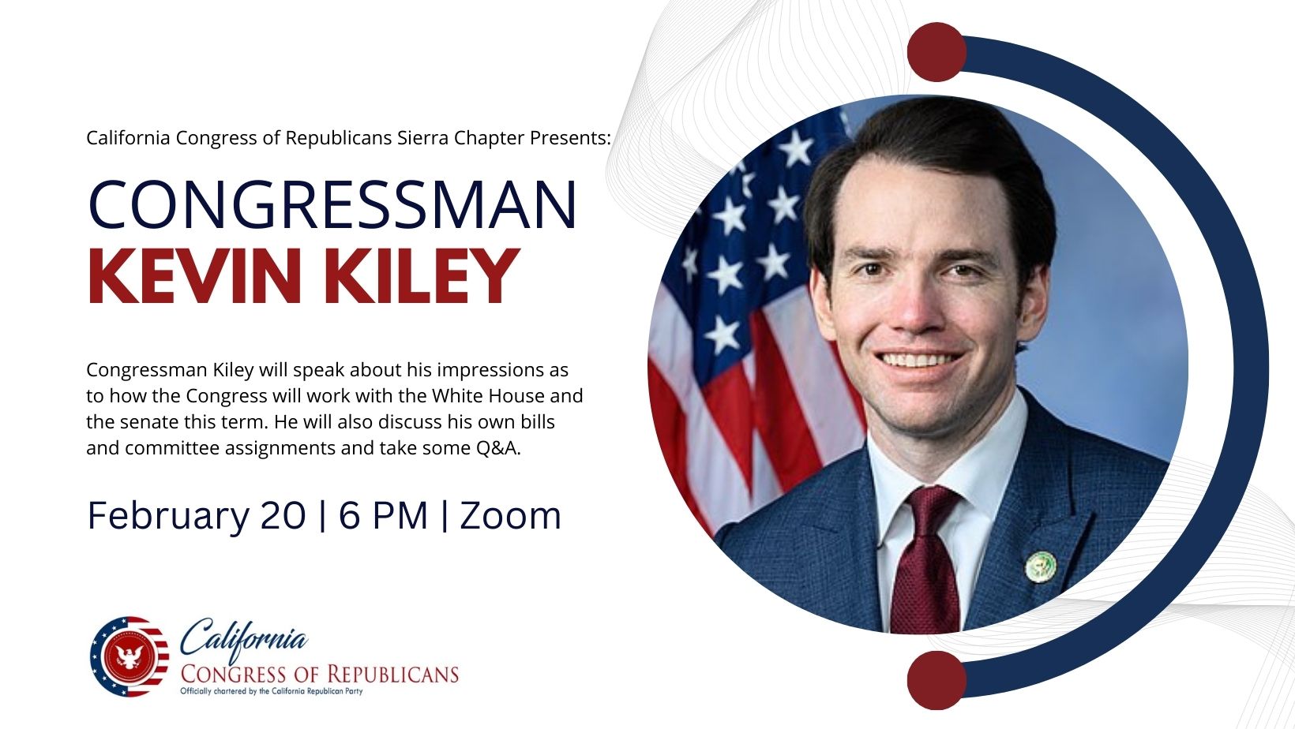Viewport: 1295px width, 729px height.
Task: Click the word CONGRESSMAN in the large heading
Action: click(x=332, y=205)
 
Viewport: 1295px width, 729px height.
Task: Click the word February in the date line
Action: click(x=167, y=516)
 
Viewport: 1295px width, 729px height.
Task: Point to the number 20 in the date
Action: click(x=283, y=516)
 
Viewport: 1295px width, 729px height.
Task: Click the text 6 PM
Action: click(x=383, y=516)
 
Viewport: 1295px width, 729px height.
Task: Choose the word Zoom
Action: click(x=510, y=516)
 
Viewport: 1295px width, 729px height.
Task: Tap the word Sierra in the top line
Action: click(x=423, y=138)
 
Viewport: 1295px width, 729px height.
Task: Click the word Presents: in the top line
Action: click(x=570, y=138)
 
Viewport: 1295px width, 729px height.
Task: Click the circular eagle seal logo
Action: click(x=129, y=657)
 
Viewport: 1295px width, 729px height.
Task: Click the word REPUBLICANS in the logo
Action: click(x=392, y=675)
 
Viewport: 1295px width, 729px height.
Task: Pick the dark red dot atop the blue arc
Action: click(x=937, y=52)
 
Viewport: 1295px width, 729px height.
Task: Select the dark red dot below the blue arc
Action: click(x=937, y=680)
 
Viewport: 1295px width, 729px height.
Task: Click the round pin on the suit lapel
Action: click(x=1040, y=566)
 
